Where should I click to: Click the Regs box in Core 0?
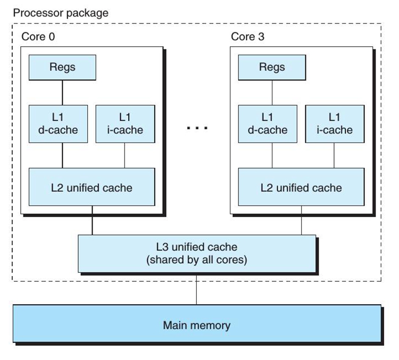pos(62,68)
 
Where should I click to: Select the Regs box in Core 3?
pos(272,68)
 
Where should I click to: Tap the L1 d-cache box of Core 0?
pos(62,123)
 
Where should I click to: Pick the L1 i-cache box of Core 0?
pos(124,123)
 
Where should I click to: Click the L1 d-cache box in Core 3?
pos(272,123)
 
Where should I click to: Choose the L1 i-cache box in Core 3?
pos(334,123)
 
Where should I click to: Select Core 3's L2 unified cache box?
pos(302,187)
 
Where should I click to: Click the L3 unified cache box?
pos(197,254)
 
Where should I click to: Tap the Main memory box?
pos(197,324)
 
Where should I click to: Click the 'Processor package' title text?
pos(61,13)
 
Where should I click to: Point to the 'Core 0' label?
pos(38,37)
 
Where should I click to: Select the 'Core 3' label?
pos(247,37)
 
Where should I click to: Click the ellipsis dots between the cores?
pos(197,128)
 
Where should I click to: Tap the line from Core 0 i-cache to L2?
pos(124,155)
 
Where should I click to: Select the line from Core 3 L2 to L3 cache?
pos(302,220)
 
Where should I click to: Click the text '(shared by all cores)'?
pos(197,261)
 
